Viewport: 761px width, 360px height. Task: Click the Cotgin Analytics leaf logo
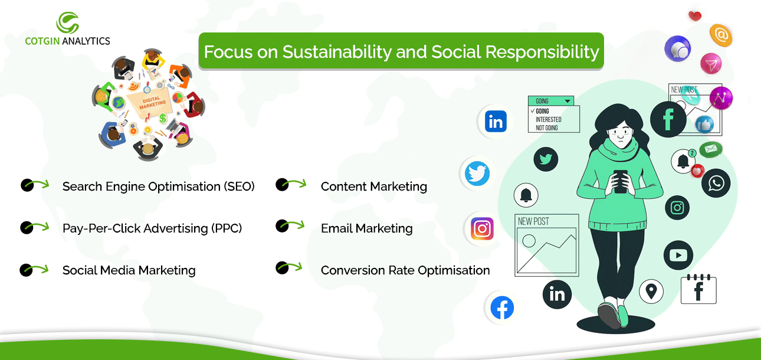(68, 22)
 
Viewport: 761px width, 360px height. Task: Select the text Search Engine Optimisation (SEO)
(158, 186)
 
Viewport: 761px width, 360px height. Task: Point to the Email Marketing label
(366, 228)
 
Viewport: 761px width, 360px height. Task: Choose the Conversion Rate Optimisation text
(405, 270)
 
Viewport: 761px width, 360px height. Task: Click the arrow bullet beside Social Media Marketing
(34, 270)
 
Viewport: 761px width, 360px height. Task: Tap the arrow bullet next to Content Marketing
(291, 184)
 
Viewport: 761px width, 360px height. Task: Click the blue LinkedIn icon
(496, 122)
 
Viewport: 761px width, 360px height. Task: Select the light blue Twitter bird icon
(477, 174)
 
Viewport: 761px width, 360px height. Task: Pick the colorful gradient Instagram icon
(482, 228)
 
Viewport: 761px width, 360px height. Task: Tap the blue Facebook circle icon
(502, 307)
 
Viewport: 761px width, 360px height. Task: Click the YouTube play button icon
(678, 255)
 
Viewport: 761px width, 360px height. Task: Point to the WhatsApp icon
(716, 183)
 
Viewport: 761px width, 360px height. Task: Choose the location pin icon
(651, 292)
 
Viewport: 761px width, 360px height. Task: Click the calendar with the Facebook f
(698, 289)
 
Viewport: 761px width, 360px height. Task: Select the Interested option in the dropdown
(548, 120)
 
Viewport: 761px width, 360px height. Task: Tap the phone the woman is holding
(621, 181)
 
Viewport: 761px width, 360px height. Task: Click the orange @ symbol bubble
(721, 35)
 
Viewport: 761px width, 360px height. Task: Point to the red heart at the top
(695, 15)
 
